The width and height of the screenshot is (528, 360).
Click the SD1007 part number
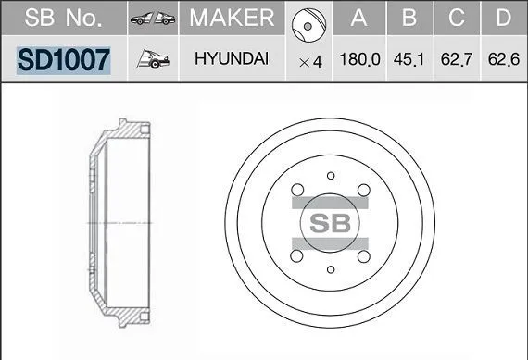(x=64, y=60)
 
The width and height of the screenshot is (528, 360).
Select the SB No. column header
(x=63, y=18)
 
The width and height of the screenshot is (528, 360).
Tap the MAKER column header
(x=232, y=18)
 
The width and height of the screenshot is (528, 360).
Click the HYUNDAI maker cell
(x=232, y=58)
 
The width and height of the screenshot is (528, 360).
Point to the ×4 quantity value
(x=310, y=62)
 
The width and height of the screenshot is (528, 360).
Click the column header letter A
(x=358, y=18)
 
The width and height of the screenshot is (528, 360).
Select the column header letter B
(x=409, y=18)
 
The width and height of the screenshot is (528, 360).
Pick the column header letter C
(x=457, y=18)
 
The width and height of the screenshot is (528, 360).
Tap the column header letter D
(x=503, y=18)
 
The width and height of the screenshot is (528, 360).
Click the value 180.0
(x=360, y=59)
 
